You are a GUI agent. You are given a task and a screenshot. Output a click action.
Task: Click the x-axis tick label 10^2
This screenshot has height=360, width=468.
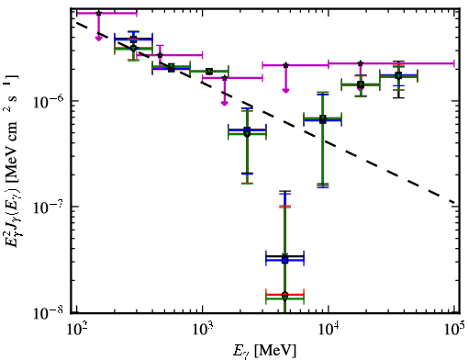coord(76,330)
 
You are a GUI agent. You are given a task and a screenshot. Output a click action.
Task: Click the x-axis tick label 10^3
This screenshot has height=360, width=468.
coord(202,330)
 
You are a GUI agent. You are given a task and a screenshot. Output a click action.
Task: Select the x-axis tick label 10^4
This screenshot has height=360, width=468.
coord(329,330)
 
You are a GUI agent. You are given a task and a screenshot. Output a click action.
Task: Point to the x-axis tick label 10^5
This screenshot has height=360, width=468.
coord(454,330)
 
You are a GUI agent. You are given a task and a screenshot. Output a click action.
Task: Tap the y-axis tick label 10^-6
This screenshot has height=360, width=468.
coord(49,102)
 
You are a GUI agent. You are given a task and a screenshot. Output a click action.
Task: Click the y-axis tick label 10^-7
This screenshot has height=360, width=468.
coord(49,208)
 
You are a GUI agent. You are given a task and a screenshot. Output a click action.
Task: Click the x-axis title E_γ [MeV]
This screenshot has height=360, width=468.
coord(264,351)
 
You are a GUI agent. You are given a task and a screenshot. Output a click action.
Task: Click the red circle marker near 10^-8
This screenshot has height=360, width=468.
coord(285,295)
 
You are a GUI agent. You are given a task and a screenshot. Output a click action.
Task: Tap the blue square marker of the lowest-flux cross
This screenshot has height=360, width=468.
coord(285,260)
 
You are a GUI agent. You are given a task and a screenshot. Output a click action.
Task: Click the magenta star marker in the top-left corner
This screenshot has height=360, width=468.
coord(98,13)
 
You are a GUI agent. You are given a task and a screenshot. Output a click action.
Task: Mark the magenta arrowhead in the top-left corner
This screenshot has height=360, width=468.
coord(98,39)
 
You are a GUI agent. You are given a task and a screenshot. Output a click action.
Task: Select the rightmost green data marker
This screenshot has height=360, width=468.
coord(398,76)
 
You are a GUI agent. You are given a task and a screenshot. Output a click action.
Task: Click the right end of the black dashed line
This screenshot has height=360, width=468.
coord(455,203)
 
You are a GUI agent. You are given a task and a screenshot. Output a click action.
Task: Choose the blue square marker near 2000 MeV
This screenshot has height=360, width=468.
coord(248,129)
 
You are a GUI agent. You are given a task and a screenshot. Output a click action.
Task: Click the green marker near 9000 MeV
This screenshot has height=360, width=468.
coord(323,118)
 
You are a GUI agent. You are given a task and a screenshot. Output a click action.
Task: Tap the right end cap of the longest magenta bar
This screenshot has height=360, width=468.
coord(454,63)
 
